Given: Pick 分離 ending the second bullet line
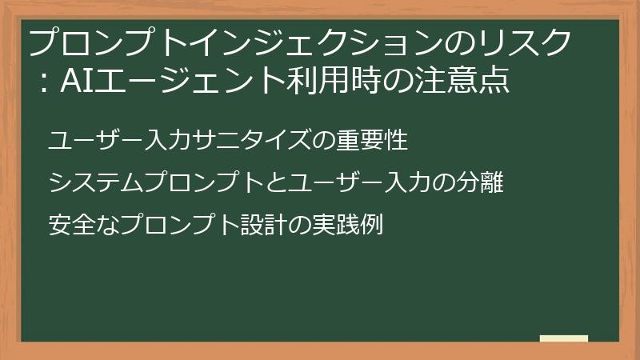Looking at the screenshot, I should [482, 183].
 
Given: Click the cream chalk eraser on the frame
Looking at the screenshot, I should [563, 338].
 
